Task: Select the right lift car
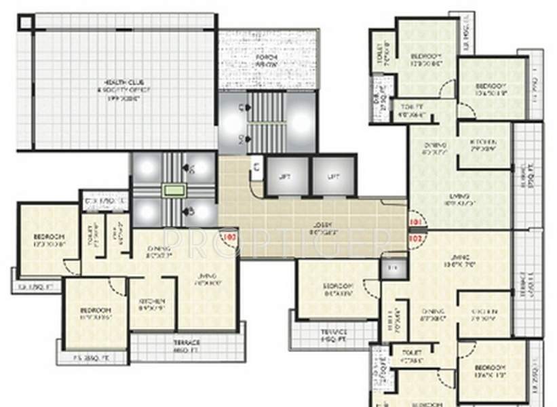click(333, 176)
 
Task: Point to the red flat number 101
click(415, 221)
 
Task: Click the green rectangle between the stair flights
click(174, 191)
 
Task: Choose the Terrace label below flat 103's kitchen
click(186, 343)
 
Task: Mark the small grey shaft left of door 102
click(391, 268)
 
